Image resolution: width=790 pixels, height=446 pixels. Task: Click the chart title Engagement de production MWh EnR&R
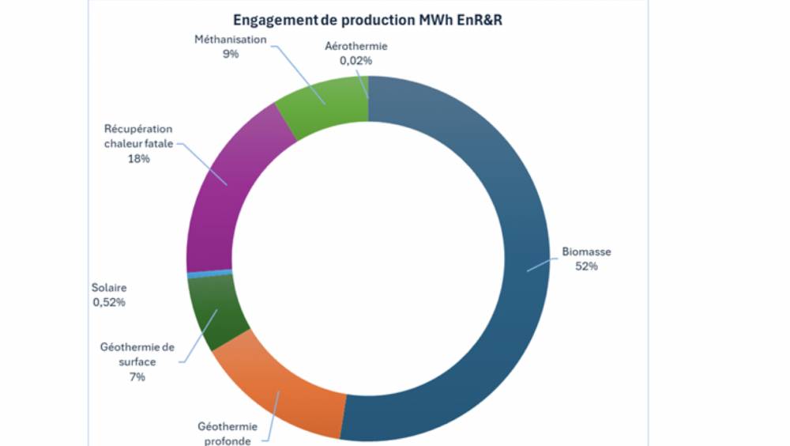367,20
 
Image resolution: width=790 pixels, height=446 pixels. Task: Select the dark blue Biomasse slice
506,269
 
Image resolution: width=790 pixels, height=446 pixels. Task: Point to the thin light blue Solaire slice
209,274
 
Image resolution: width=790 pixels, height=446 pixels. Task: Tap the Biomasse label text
586,253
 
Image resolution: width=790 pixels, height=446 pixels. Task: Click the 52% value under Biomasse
586,266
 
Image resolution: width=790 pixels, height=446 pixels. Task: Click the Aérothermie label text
356,46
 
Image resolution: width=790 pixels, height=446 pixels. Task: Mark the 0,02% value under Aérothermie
356,59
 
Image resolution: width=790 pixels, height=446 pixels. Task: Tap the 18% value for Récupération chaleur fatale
137,158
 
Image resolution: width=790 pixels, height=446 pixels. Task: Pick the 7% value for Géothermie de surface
137,377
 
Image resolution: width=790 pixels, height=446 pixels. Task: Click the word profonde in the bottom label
224,440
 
